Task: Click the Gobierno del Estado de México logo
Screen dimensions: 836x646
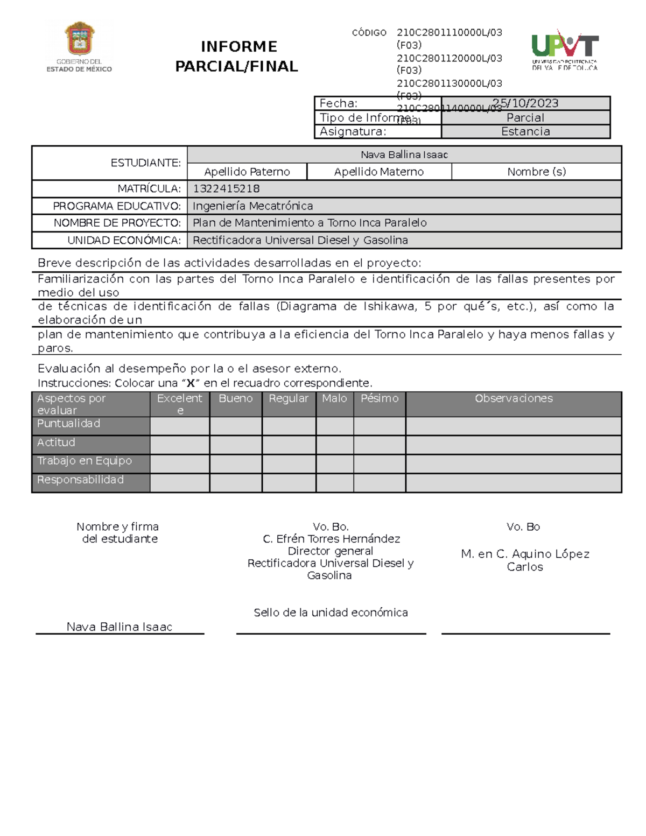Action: pos(80,47)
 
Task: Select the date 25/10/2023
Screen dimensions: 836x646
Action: pos(525,103)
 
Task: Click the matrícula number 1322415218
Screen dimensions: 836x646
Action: pos(226,189)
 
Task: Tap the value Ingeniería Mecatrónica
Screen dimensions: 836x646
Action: pos(252,206)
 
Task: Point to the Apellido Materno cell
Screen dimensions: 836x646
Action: pos(378,172)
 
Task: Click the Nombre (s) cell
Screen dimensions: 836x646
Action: pos(536,172)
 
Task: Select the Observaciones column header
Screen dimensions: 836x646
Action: pos(514,399)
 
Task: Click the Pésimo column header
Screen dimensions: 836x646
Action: pos(380,399)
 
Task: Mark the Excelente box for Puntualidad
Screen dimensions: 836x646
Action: pos(180,426)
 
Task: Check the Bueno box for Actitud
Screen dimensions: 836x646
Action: pos(236,445)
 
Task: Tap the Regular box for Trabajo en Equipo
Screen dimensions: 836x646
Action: pos(289,464)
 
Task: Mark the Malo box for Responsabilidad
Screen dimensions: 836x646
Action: pos(335,483)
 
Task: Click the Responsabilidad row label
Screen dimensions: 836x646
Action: pos(80,480)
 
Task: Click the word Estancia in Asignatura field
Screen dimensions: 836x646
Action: pos(525,132)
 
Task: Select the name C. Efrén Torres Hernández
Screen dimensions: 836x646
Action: pos(331,539)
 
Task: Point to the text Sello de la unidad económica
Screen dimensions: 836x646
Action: pos(331,613)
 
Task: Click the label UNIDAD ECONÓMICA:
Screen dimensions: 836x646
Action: pos(124,241)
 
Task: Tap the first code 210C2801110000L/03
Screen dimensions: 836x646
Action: pos(449,33)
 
